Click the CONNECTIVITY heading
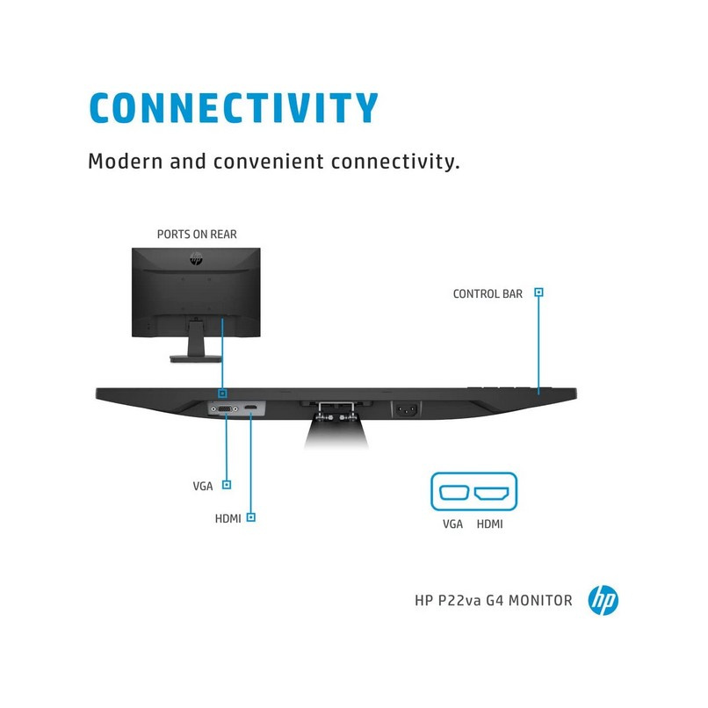click(234, 107)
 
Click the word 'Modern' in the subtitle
click(125, 162)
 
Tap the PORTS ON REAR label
click(197, 234)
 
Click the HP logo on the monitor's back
click(196, 258)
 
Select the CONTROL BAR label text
click(488, 294)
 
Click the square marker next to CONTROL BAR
click(538, 293)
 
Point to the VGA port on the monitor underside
click(225, 409)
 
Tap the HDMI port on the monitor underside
click(250, 408)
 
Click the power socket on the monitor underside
click(407, 410)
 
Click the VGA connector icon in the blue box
click(454, 492)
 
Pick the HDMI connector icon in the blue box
click(491, 493)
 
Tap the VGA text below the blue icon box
click(452, 524)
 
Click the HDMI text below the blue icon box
click(490, 524)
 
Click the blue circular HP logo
click(603, 600)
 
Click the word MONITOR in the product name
click(540, 601)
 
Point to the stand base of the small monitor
click(196, 359)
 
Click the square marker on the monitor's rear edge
click(222, 394)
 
